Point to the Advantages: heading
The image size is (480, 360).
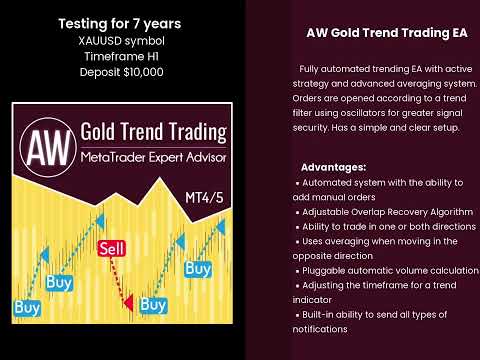coord(333,166)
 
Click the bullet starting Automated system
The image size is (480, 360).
coord(380,182)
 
